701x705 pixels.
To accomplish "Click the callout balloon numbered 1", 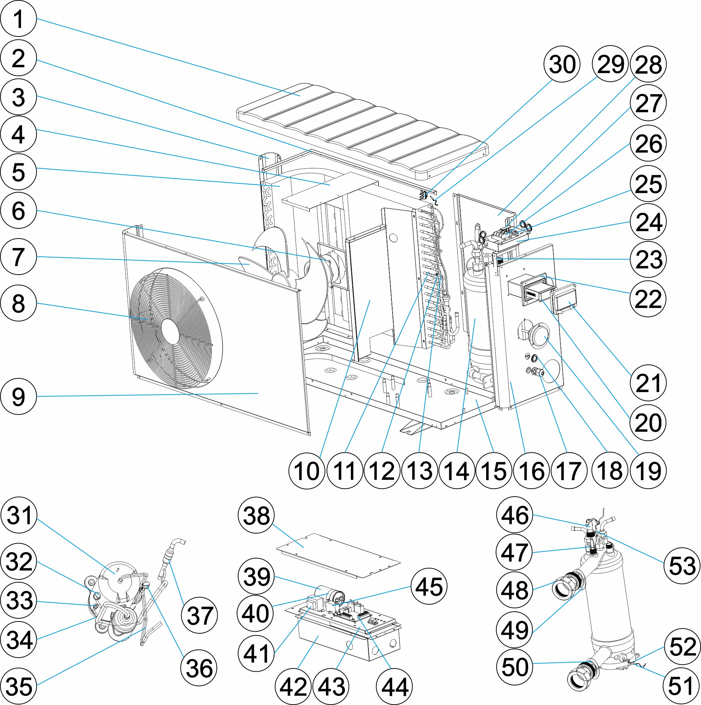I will pyautogui.click(x=19, y=18).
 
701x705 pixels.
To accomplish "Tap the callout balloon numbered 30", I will pyautogui.click(x=562, y=64).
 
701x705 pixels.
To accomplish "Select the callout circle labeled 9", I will pyautogui.click(x=19, y=397).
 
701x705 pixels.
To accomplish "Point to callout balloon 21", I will pyautogui.click(x=648, y=383).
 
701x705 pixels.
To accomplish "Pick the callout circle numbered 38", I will pyautogui.click(x=256, y=515).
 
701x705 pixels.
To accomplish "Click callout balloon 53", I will pyautogui.click(x=682, y=566).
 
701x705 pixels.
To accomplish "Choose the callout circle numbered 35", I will pyautogui.click(x=19, y=686).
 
